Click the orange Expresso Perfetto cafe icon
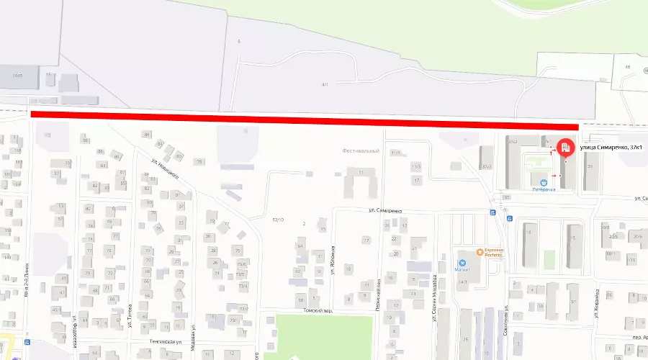[480, 252]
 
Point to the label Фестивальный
[361, 151]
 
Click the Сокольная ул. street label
[507, 316]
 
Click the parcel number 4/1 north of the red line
[325, 85]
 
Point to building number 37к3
[487, 166]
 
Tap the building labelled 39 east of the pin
[590, 166]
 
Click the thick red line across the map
[302, 120]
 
